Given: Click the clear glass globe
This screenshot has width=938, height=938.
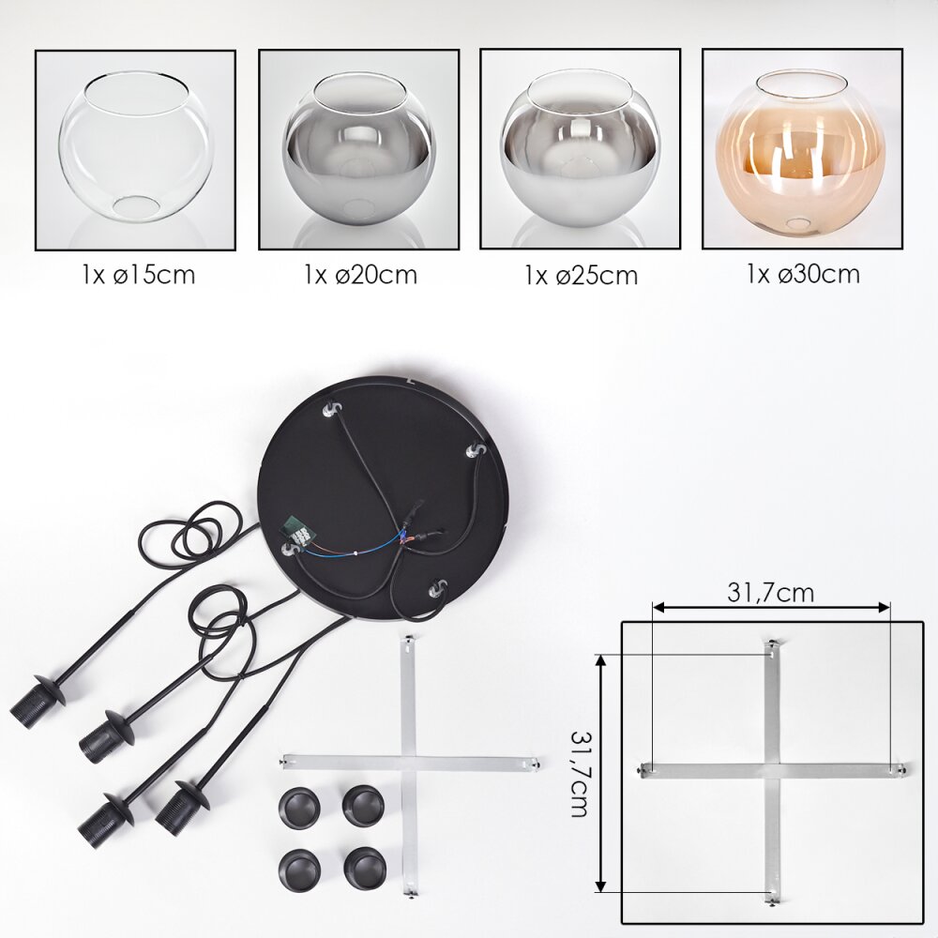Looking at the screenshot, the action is coord(136,148).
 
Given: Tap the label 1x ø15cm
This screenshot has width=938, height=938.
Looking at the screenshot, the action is coord(139,275).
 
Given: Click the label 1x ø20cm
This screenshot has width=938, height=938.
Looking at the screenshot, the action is coord(360,275).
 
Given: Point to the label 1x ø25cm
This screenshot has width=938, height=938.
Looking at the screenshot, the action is coord(581,275).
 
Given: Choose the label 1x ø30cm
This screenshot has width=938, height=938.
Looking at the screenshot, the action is coord(803,273).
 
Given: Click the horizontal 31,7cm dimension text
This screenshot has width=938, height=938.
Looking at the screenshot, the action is coord(770,592).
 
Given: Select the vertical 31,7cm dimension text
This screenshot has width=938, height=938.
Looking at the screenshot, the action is coord(579,774).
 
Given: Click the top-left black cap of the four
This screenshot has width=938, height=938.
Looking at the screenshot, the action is coord(299,808).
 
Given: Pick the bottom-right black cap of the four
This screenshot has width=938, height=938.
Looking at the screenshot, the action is coord(365,868).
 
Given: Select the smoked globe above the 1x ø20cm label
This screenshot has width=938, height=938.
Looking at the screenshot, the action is coord(359,149).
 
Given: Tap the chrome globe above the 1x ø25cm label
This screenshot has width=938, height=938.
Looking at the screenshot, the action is coord(581,149).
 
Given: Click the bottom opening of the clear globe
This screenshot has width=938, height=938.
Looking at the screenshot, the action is coord(136,209).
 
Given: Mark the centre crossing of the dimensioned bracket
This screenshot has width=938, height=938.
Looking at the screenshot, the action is coord(772,771).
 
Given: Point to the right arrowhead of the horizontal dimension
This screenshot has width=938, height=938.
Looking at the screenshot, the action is coord(885,608).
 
